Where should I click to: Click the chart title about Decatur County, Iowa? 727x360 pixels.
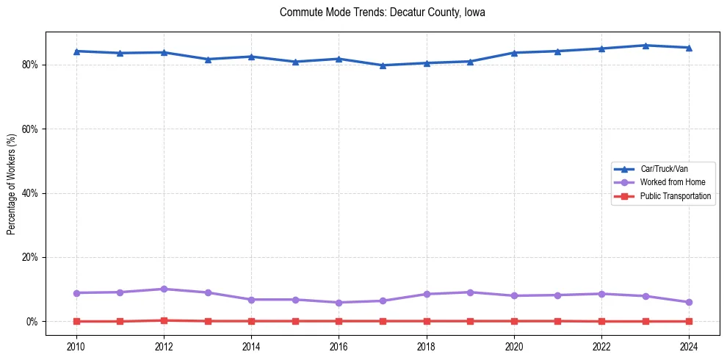coord(383,12)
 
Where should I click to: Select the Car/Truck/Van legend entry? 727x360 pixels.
coord(663,169)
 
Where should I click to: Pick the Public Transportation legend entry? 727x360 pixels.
coord(675,196)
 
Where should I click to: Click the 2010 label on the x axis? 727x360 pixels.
coord(76,346)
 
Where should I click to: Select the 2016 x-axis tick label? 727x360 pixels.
coord(339,346)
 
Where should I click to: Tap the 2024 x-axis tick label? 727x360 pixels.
coord(689,346)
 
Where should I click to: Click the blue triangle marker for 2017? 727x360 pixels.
coord(383,65)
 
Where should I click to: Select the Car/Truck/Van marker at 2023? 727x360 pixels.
coord(645,46)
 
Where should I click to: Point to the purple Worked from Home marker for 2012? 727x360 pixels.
coord(164,289)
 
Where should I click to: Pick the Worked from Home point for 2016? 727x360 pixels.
coord(339,303)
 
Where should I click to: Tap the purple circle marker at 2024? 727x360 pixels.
coord(689,302)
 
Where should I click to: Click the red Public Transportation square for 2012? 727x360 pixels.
coord(164,320)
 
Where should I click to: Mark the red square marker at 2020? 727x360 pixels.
coord(514,321)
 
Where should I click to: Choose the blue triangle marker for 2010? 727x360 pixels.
coord(76,51)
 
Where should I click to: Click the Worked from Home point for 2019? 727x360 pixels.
coord(470,292)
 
